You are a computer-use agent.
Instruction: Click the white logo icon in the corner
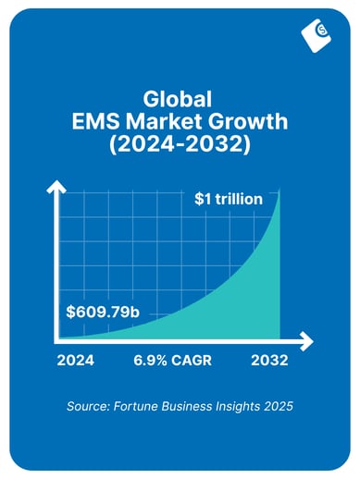pos(317,34)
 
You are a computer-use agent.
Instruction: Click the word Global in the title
pos(180,99)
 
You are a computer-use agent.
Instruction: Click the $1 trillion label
pos(229,199)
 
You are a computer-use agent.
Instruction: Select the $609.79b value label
pos(103,312)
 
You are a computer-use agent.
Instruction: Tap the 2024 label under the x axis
pos(77,362)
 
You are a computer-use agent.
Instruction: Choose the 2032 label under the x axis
pos(268,362)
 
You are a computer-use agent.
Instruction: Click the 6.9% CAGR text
pos(173,362)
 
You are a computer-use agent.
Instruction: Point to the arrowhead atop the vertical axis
pos(56,186)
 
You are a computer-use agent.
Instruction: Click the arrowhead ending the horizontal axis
pos(307,341)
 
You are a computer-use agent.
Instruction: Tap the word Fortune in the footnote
pos(140,407)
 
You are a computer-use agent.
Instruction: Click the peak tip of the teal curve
pos(279,190)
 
